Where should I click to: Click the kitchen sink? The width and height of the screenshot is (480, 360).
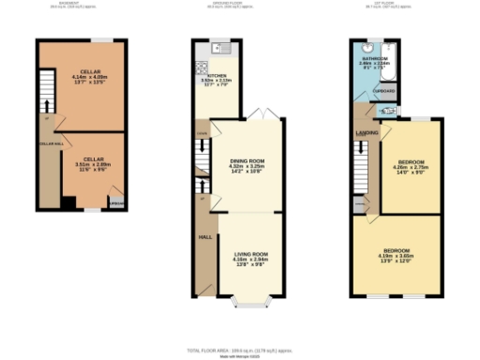pos(217,47)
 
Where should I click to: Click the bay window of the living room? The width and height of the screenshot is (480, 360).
pos(250,303)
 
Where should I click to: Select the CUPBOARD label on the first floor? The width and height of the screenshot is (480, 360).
pos(385,91)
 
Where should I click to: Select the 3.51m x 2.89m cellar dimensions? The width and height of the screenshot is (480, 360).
pos(93,165)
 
